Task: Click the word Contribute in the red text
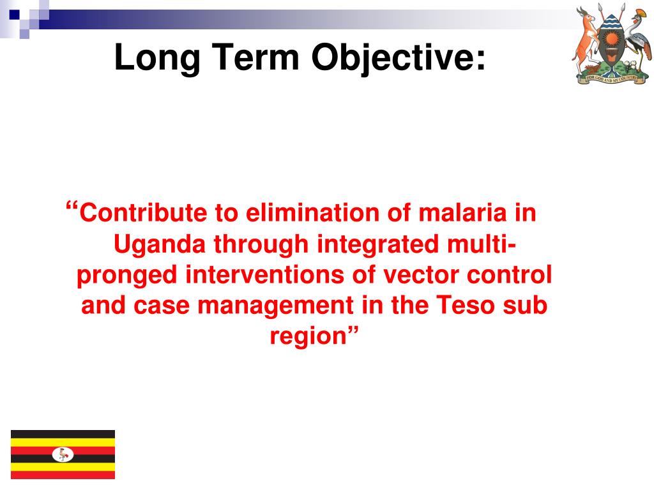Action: pyautogui.click(x=143, y=212)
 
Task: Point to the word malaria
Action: pyautogui.click(x=462, y=212)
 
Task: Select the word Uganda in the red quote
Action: pyautogui.click(x=159, y=244)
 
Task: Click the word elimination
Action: pyautogui.click(x=312, y=212)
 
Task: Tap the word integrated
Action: pyautogui.click(x=377, y=244)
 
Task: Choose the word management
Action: pyautogui.click(x=275, y=306)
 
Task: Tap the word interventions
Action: pyautogui.click(x=264, y=275)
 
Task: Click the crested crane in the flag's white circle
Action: pyautogui.click(x=63, y=454)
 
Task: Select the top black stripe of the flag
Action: pyautogui.click(x=63, y=434)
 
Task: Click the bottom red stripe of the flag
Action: pyautogui.click(x=63, y=475)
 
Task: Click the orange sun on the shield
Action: pyautogui.click(x=611, y=40)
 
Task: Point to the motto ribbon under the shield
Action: pyautogui.click(x=611, y=78)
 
